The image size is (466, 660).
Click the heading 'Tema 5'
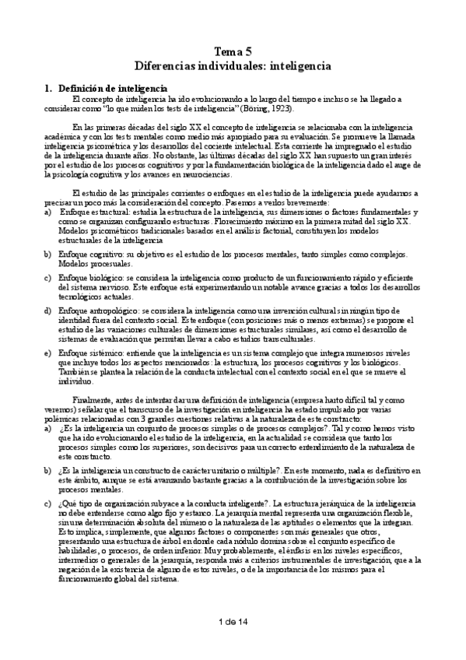tap(233, 51)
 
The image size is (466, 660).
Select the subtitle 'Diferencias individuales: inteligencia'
tap(233, 66)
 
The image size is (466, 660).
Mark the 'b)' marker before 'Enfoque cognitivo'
tap(48, 255)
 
